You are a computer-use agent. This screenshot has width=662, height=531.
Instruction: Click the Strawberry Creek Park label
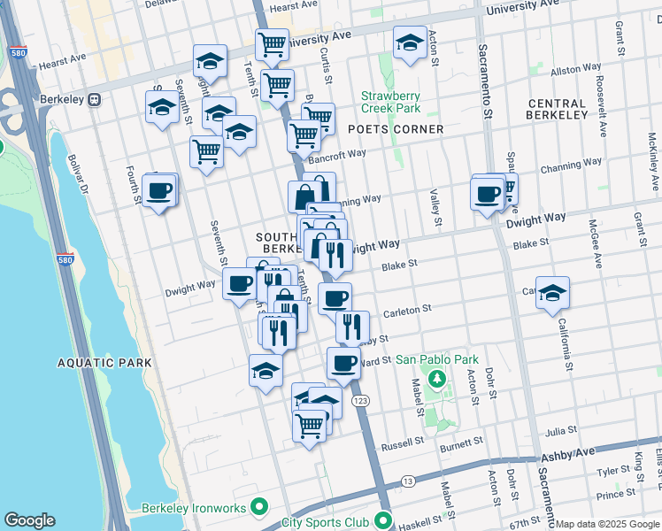pyautogui.click(x=390, y=102)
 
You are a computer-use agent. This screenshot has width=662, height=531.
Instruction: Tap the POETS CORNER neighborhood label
pyautogui.click(x=395, y=129)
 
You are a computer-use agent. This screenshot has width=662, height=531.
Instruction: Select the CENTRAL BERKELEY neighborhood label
pyautogui.click(x=557, y=109)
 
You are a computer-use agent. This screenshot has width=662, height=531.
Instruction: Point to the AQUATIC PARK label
pyautogui.click(x=104, y=363)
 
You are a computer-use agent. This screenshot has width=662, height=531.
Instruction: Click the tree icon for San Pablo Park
pyautogui.click(x=435, y=380)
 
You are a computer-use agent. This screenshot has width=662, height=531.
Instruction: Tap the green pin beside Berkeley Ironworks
pyautogui.click(x=258, y=507)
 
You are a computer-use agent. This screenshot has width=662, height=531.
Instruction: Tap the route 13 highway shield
pyautogui.click(x=407, y=481)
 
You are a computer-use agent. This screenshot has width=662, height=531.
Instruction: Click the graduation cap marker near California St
pyautogui.click(x=552, y=293)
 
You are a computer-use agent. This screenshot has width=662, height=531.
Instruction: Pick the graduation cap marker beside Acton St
pyautogui.click(x=410, y=43)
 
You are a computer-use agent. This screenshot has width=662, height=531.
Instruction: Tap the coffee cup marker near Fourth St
pyautogui.click(x=159, y=191)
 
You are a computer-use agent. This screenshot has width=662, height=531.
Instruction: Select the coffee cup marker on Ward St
pyautogui.click(x=343, y=362)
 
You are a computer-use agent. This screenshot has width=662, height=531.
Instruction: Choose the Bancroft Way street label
pyautogui.click(x=337, y=154)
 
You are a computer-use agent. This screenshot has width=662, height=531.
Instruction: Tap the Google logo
pyautogui.click(x=30, y=520)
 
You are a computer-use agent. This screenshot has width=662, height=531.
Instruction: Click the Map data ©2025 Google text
pyautogui.click(x=606, y=524)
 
